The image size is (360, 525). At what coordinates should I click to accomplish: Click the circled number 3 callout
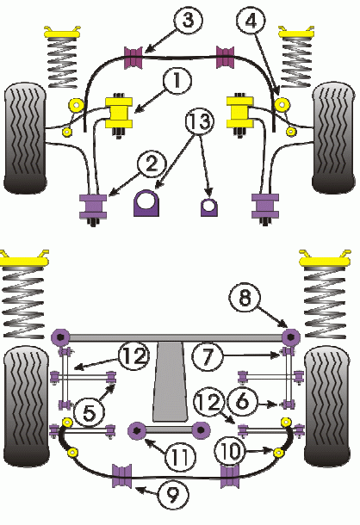coord(188,20)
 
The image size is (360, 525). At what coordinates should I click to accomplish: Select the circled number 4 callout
coord(251,21)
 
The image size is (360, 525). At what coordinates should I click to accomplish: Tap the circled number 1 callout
coord(177,80)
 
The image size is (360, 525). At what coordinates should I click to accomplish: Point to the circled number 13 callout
coord(200,121)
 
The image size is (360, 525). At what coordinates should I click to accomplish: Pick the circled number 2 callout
coord(152,164)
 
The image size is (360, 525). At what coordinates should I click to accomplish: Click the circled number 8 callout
coord(245,298)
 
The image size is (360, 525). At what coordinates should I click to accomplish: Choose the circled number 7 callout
coord(208,356)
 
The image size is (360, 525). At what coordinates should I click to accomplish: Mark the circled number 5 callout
coord(89,413)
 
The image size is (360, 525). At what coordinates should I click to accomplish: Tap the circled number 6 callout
coord(242,401)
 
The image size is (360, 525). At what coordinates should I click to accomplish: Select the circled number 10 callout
coord(230,452)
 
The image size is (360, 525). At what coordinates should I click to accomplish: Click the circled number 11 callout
coord(180,456)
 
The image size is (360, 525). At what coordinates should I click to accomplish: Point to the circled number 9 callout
coord(172,496)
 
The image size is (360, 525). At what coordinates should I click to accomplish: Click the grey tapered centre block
coord(170,381)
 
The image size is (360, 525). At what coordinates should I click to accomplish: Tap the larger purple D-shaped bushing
coord(146,203)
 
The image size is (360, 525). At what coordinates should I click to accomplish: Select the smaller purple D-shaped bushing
coord(208,207)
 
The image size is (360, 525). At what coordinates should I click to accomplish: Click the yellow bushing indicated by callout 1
coord(119,113)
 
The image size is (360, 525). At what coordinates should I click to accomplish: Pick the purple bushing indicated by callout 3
coord(133,58)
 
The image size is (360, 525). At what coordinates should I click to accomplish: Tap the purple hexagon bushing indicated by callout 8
coord(290,337)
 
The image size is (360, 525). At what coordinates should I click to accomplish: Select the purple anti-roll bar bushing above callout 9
coord(121,476)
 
